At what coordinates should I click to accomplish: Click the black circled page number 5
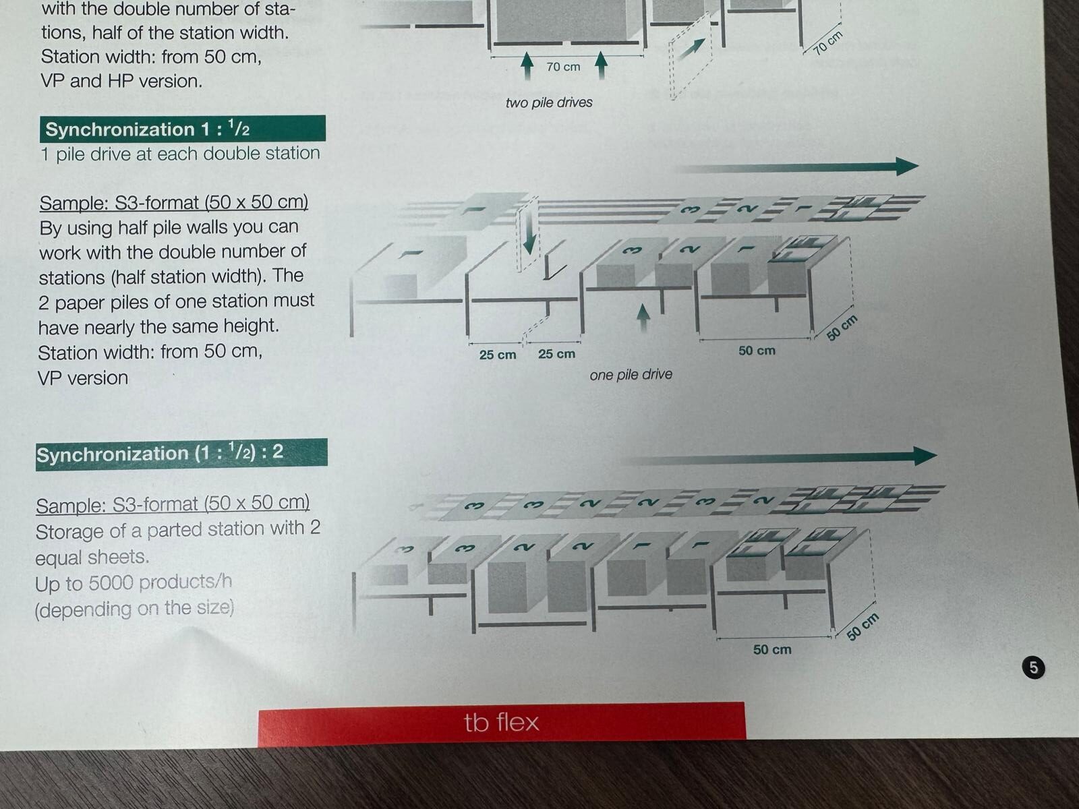coord(1033,667)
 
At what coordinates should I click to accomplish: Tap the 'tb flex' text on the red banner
coord(502,722)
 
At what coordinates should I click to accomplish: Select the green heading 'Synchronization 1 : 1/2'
coord(182,129)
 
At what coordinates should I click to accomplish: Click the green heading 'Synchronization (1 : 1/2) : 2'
coord(181,453)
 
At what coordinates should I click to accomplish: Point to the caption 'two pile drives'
coord(549,102)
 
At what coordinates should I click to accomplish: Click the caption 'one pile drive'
coord(631,375)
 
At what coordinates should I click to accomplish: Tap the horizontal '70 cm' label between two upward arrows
coord(563,66)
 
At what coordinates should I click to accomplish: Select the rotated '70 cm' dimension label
coord(828,42)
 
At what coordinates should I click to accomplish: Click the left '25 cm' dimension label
coord(498,354)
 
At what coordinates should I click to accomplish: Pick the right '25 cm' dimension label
coord(556,354)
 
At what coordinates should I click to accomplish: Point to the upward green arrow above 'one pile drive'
coord(643,318)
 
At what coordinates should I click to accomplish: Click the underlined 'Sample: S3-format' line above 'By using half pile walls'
coord(173,202)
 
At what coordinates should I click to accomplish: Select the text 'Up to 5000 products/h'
coord(134,582)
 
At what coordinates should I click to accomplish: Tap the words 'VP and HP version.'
coord(121,80)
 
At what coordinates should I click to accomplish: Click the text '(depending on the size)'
coord(134,609)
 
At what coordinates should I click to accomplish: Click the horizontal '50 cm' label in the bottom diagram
coord(772,649)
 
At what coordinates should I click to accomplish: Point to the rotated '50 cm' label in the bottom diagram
coord(863,627)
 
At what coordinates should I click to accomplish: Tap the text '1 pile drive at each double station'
coord(181,154)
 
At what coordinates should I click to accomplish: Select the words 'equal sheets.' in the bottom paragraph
coord(92,558)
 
